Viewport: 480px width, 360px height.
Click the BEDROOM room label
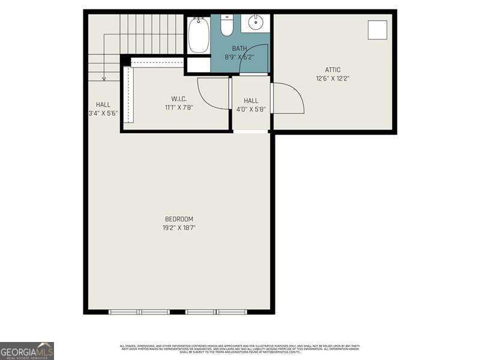(179, 219)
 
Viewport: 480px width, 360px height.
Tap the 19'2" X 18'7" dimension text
(179, 228)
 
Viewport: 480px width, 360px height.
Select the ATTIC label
(332, 70)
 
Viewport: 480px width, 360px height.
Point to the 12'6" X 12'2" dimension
(332, 78)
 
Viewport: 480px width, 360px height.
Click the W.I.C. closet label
(179, 99)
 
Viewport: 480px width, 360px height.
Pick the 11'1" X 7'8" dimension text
(179, 108)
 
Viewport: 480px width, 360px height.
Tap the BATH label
(239, 49)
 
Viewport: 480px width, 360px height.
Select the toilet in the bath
(227, 26)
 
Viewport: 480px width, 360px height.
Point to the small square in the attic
(377, 29)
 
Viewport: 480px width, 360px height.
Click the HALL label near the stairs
(103, 104)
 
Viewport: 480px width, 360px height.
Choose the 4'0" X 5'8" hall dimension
(251, 109)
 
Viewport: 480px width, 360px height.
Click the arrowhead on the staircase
(104, 78)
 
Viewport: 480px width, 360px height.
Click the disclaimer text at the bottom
(240, 349)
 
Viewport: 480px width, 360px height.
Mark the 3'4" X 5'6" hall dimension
(103, 113)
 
